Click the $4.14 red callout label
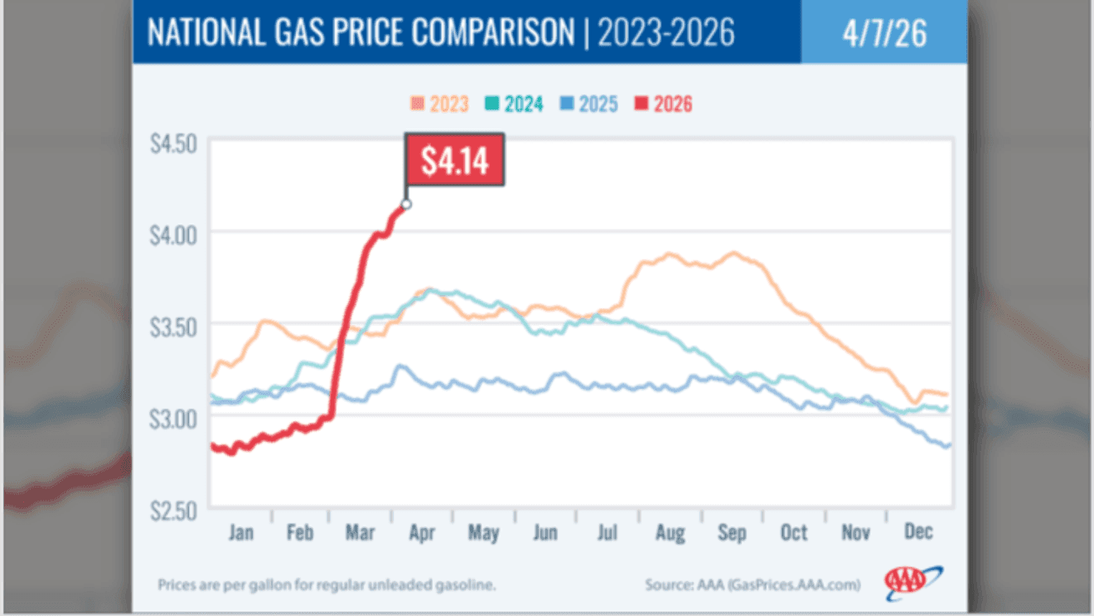tap(453, 161)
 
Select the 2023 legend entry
tap(439, 104)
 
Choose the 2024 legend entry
tap(513, 104)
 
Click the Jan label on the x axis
tap(240, 532)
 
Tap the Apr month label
tap(422, 532)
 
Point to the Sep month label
tap(732, 532)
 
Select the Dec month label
tap(917, 532)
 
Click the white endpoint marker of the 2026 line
tap(406, 204)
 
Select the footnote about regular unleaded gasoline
tap(327, 585)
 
